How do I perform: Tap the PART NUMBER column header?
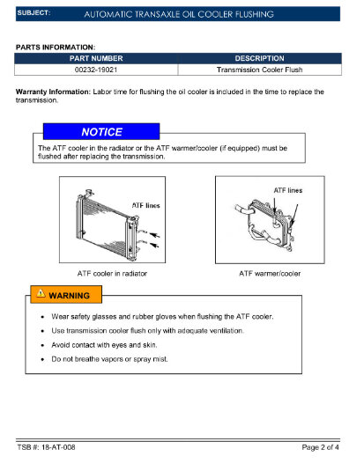click(96, 57)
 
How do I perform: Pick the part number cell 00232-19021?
click(96, 68)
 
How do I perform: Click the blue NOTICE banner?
click(102, 132)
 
